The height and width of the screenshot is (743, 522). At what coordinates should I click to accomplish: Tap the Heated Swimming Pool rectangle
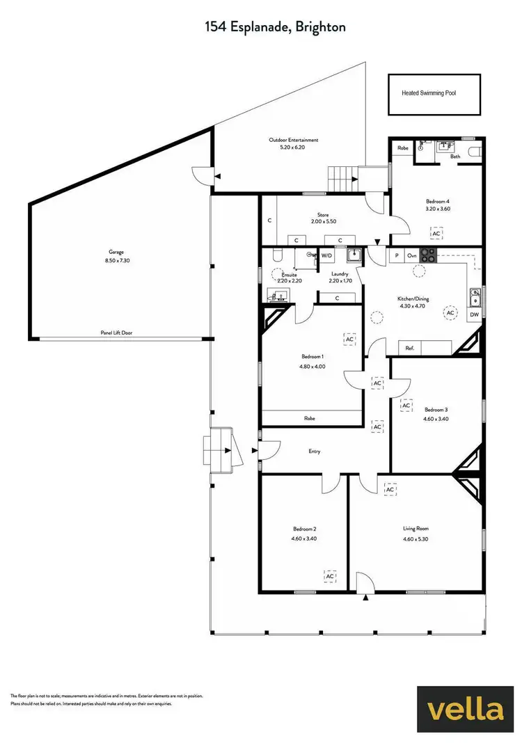pyautogui.click(x=434, y=93)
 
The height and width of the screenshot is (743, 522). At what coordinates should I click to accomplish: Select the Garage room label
pyautogui.click(x=116, y=253)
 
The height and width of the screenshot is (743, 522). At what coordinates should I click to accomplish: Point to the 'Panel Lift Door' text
pyautogui.click(x=116, y=333)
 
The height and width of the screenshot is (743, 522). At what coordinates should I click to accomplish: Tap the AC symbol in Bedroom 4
pyautogui.click(x=437, y=234)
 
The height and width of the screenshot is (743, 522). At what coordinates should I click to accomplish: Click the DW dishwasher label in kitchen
pyautogui.click(x=474, y=314)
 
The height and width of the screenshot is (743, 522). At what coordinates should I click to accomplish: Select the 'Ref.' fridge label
pyautogui.click(x=410, y=348)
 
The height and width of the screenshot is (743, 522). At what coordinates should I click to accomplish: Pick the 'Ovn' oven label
pyautogui.click(x=411, y=256)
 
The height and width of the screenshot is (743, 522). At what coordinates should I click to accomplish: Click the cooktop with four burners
pyautogui.click(x=427, y=256)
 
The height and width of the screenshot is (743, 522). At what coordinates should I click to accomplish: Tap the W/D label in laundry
pyautogui.click(x=326, y=255)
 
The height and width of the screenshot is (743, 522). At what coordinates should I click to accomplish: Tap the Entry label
pyautogui.click(x=315, y=452)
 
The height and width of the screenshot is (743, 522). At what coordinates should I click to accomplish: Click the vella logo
pyautogui.click(x=466, y=709)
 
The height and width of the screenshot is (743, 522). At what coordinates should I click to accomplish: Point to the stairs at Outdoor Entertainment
pyautogui.click(x=342, y=179)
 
